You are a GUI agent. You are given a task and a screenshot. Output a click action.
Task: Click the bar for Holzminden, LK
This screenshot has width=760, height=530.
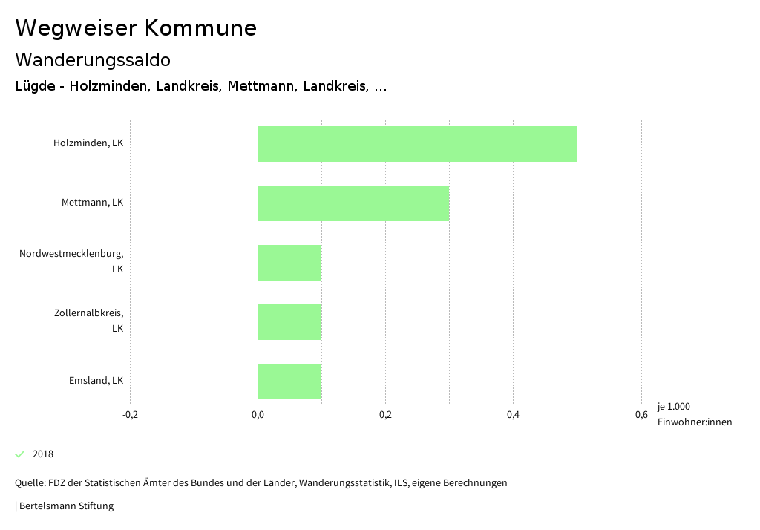[x=417, y=144]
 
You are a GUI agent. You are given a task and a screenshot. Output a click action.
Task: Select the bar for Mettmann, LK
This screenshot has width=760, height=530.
[x=353, y=203]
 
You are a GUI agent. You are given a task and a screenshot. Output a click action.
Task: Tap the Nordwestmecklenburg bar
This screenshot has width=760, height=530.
[x=289, y=263]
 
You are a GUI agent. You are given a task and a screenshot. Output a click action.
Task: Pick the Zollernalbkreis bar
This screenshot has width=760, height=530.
[x=289, y=322]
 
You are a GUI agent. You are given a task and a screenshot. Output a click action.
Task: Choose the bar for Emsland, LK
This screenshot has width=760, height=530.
[x=289, y=382]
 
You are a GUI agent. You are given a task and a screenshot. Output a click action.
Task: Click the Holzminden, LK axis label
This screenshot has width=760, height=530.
[x=88, y=143]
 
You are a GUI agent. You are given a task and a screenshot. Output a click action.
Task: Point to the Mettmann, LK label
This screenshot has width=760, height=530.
[x=92, y=202]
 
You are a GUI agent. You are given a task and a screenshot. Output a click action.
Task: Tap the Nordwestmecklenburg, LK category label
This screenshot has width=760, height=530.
[x=71, y=261]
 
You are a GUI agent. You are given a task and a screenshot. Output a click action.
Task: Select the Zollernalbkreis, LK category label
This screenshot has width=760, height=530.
[x=88, y=321]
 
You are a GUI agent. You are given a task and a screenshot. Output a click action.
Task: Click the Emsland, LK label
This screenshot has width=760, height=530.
[x=96, y=380]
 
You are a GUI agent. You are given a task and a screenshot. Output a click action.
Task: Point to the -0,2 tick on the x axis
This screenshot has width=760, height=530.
[x=130, y=414]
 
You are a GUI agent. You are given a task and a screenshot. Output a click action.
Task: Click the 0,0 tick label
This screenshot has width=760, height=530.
[x=258, y=414]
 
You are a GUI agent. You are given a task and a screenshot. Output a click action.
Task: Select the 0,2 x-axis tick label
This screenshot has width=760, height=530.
[x=385, y=414]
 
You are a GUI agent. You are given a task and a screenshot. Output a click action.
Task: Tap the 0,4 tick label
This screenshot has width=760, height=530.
[x=513, y=414]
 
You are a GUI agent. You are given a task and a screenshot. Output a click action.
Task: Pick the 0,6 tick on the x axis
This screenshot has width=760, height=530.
[x=641, y=414]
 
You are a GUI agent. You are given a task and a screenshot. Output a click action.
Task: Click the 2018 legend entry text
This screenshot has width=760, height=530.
[x=43, y=454]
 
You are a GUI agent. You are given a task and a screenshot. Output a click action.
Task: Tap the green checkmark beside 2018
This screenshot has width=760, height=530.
[x=20, y=454]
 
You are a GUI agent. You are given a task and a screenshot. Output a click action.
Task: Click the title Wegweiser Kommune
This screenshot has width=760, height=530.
[x=136, y=28]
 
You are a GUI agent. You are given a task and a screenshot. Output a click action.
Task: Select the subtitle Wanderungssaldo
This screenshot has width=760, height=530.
[x=93, y=59]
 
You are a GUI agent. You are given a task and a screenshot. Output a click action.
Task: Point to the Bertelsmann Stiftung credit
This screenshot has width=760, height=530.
[x=65, y=506]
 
